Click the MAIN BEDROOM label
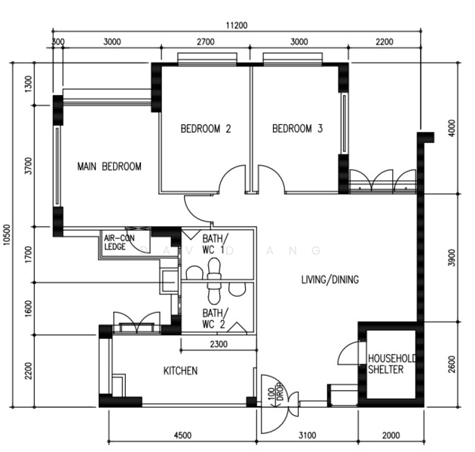coord(109,166)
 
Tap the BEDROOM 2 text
coord(205,129)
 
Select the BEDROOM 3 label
coord(297,129)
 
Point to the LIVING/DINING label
coord(329,279)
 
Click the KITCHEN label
coord(181,371)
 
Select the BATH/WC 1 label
coord(214,244)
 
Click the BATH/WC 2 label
coord(214,318)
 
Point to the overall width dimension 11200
coord(236,26)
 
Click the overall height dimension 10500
coord(7,235)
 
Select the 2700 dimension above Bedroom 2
coord(204,42)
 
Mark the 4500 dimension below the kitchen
coord(182,435)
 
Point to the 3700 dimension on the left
coord(29,166)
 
